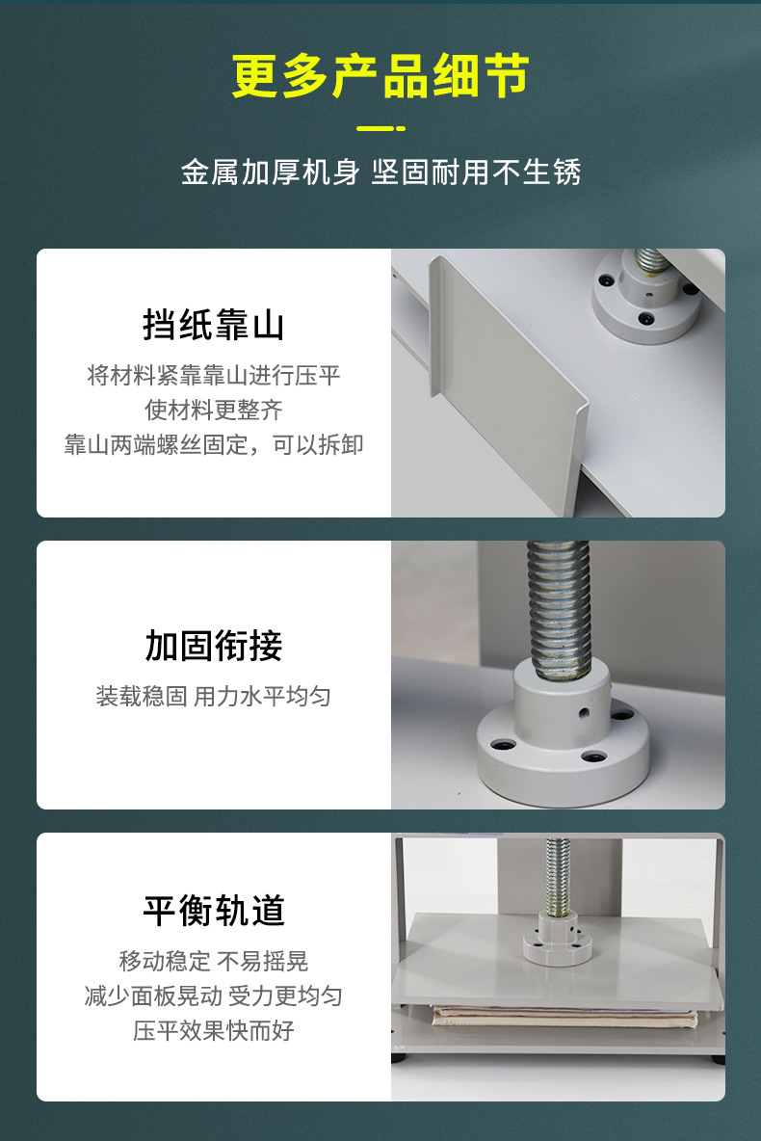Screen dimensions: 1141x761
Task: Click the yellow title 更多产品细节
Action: pyautogui.click(x=380, y=77)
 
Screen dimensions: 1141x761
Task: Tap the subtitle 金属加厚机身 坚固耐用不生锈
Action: pyautogui.click(x=380, y=172)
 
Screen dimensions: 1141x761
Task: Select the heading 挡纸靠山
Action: pyautogui.click(x=214, y=325)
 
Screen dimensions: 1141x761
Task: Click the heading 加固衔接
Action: pyautogui.click(x=214, y=646)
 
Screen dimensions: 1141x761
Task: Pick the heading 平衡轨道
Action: pyautogui.click(x=214, y=911)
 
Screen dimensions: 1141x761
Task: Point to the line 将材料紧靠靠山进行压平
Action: pyautogui.click(x=214, y=375)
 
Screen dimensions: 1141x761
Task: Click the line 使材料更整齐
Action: pyautogui.click(x=214, y=410)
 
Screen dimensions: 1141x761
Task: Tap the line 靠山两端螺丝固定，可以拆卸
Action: pyautogui.click(x=214, y=444)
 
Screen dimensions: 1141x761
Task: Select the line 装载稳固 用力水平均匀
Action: pyautogui.click(x=214, y=696)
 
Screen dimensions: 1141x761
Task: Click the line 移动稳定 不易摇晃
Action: pyautogui.click(x=214, y=961)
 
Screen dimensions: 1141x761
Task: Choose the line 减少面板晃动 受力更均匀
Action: pyautogui.click(x=214, y=995)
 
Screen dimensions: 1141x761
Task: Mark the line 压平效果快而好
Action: pyautogui.click(x=214, y=1030)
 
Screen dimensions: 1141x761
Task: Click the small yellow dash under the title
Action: pyautogui.click(x=380, y=128)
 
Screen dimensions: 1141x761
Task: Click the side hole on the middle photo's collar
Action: pyautogui.click(x=584, y=714)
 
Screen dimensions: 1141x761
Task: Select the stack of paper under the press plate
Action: pyautogui.click(x=564, y=1016)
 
